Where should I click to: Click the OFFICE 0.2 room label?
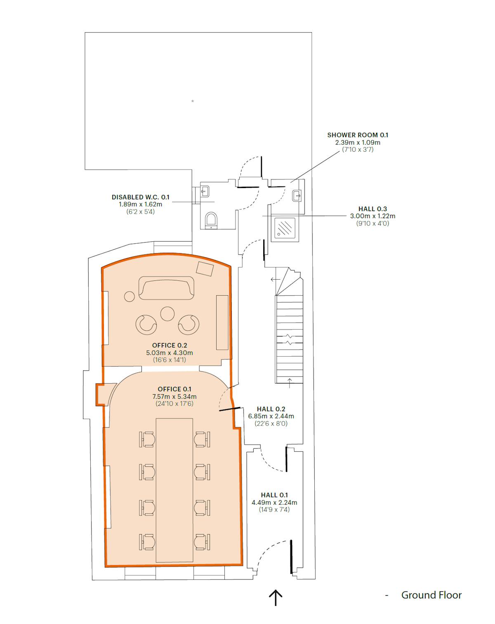170,345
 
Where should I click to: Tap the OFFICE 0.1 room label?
174,389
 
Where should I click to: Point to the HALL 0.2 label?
271,409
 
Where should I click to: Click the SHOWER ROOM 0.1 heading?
358,135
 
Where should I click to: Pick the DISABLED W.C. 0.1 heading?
140,197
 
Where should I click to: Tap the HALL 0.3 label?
372,209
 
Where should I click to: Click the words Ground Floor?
431,595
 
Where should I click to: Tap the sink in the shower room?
297,195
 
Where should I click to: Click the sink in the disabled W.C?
205,191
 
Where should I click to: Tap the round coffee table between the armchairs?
167,314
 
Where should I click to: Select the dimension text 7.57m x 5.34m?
174,396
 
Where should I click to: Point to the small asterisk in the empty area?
193,101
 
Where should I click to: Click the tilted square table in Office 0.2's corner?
205,269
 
